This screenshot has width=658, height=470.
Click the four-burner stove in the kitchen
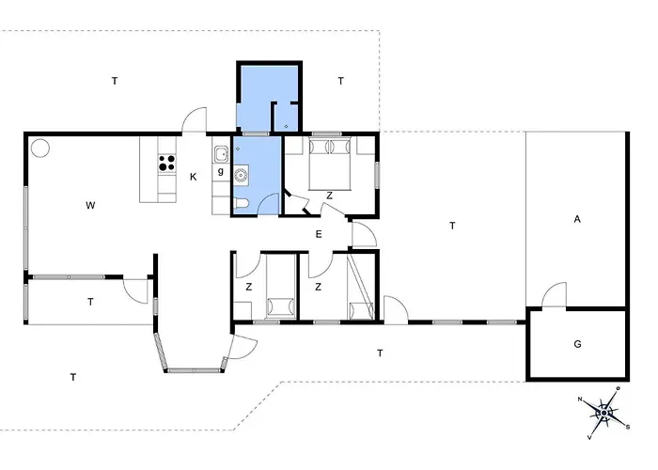[166, 164]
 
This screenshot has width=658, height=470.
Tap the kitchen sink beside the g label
[221, 154]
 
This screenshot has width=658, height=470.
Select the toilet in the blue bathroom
[242, 203]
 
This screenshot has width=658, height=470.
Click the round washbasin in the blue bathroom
[242, 175]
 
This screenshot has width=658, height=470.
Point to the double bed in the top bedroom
[329, 164]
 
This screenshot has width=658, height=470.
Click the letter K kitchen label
[193, 177]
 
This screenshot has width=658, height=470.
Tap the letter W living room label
[90, 205]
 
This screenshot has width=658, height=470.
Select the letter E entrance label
[319, 234]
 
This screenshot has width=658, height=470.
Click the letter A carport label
[577, 219]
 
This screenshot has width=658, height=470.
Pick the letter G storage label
[577, 344]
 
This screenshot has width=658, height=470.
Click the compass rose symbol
[603, 413]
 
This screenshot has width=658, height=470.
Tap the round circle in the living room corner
[40, 148]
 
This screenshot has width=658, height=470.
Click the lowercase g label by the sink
[221, 171]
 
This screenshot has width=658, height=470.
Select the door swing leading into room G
[554, 293]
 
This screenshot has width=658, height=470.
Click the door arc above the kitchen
[194, 119]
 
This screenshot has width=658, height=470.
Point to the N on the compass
[580, 399]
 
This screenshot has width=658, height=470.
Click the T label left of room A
[452, 226]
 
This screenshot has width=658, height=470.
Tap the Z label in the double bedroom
[329, 196]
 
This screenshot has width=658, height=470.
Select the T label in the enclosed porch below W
[90, 302]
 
